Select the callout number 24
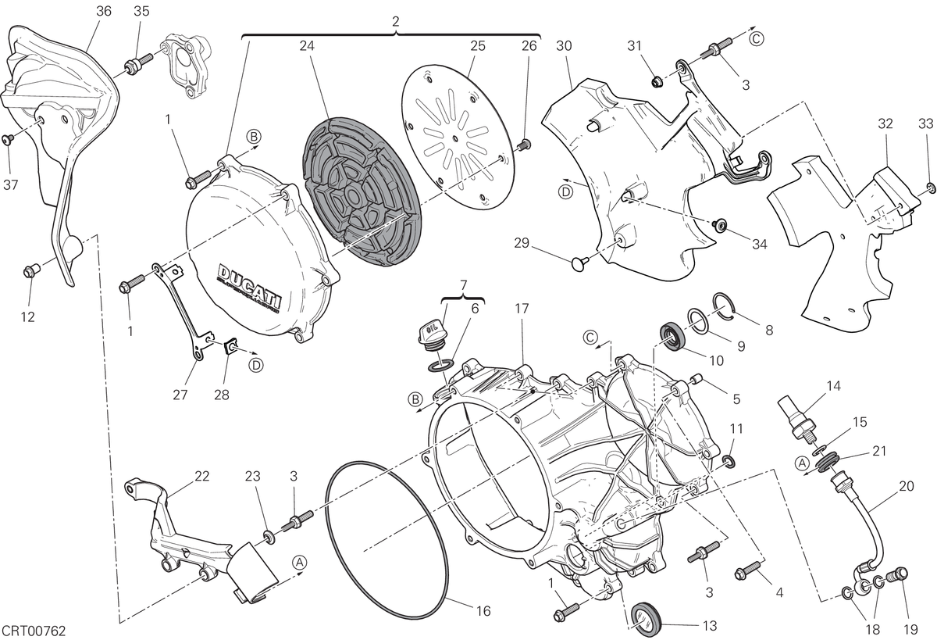click(x=307, y=45)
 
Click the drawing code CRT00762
click(x=34, y=631)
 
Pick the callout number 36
click(x=103, y=11)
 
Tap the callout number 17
click(x=522, y=309)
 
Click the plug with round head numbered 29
click(x=579, y=263)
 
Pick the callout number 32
click(x=885, y=123)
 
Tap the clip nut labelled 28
click(x=230, y=346)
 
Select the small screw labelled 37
click(x=8, y=138)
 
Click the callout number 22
click(x=201, y=477)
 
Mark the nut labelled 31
click(x=657, y=80)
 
